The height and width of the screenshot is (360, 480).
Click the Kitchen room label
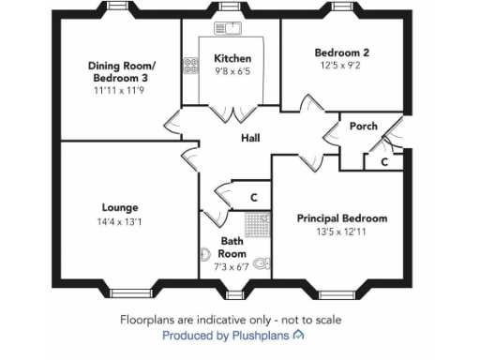[x=232, y=58]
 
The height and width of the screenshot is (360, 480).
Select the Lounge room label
[x=120, y=207]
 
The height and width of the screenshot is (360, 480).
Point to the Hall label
[x=250, y=139]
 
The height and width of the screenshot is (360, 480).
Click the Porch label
[x=363, y=126]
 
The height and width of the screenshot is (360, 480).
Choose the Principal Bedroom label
[x=341, y=217]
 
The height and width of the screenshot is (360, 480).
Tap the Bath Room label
[x=232, y=247]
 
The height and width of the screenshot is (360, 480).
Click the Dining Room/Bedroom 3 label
[x=123, y=71]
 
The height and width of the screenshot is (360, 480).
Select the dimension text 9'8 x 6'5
[x=232, y=71]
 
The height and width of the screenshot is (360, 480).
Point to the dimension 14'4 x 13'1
[x=120, y=221]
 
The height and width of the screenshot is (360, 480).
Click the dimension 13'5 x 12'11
[x=341, y=231]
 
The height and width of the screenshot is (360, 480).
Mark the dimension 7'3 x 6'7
[x=232, y=267]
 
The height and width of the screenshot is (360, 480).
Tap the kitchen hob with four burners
[x=191, y=66]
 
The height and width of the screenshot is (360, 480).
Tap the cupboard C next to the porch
[x=384, y=162]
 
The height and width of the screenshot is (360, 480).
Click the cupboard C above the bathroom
[x=253, y=198]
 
